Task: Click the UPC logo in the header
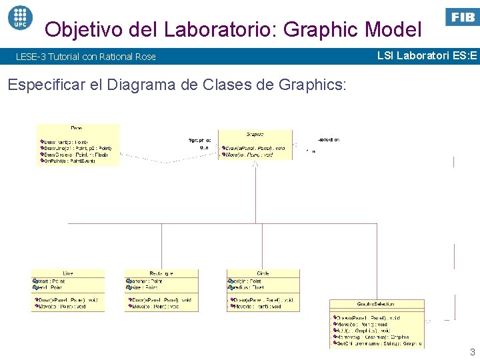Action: (x=19, y=16)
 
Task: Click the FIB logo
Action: (x=462, y=17)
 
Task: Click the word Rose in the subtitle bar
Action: (x=146, y=57)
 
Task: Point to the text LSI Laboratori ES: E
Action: (x=427, y=55)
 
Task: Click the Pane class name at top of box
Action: (x=77, y=128)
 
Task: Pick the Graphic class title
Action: (x=255, y=134)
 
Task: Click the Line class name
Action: (x=67, y=273)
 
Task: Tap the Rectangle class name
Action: (x=161, y=273)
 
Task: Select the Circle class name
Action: (x=263, y=273)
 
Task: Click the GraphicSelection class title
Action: (x=377, y=304)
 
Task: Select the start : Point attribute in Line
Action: (x=51, y=281)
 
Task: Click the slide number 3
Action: (x=472, y=352)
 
